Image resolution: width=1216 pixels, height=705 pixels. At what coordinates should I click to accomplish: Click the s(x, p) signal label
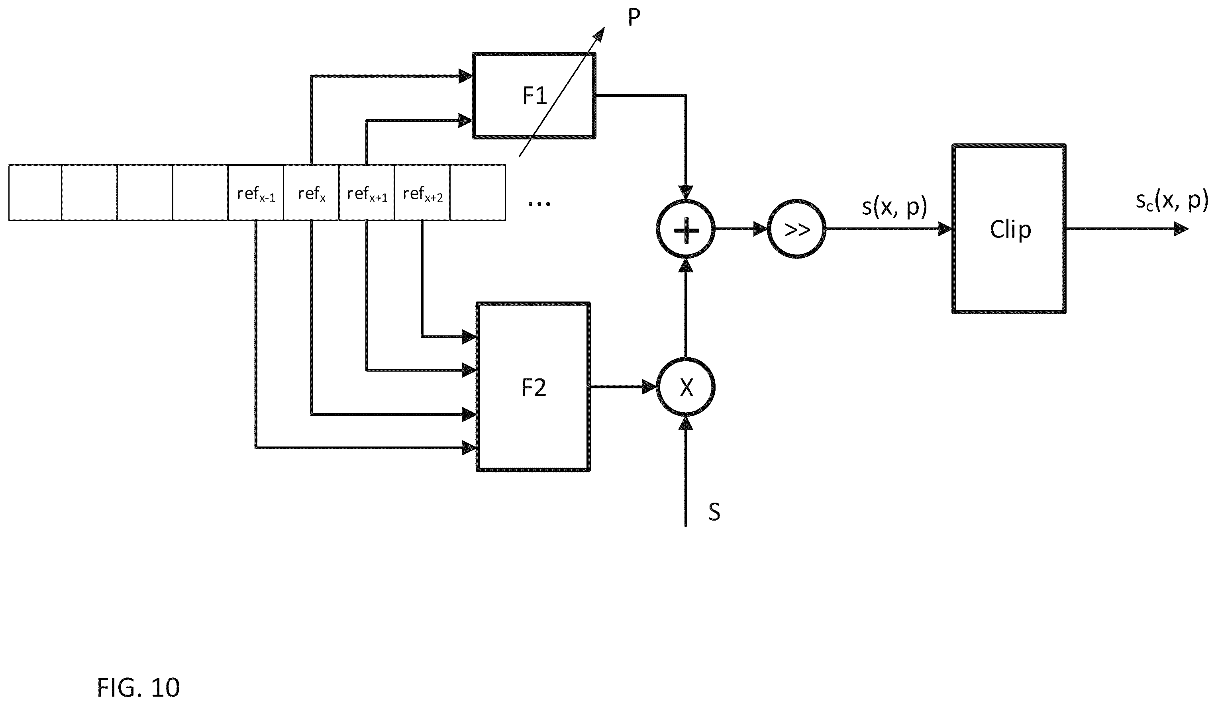pos(894,207)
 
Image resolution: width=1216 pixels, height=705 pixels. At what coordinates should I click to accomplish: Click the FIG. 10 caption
pos(139,687)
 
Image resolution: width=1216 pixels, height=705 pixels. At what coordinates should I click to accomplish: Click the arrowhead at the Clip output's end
pos(1181,229)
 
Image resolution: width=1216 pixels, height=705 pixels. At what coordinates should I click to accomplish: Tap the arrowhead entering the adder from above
pos(686,192)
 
